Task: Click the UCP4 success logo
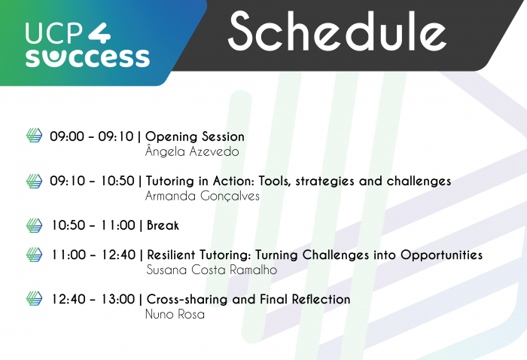tap(87, 44)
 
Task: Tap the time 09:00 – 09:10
tap(92, 137)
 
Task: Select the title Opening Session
tap(195, 137)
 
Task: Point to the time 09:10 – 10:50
tap(92, 182)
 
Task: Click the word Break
tap(163, 225)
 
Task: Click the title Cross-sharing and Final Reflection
tap(248, 299)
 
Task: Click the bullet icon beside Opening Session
tap(35, 136)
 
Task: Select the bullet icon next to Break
tap(35, 225)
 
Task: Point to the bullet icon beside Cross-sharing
tap(35, 299)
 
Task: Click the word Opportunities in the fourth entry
tap(440, 255)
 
